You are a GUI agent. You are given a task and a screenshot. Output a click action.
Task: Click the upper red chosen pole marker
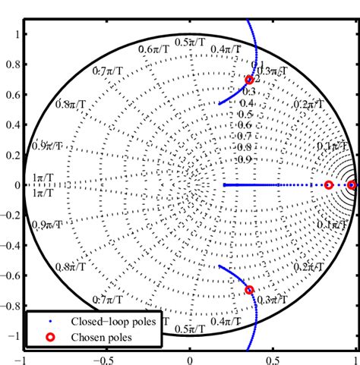pyautogui.click(x=249, y=80)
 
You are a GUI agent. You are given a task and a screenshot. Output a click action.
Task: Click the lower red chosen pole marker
pyautogui.click(x=249, y=290)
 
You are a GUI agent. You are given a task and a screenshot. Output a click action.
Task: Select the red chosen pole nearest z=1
pyautogui.click(x=352, y=185)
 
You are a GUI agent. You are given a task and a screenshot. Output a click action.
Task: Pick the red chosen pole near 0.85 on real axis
pyautogui.click(x=329, y=185)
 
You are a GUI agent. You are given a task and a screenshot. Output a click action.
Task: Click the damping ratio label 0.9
pyautogui.click(x=243, y=159)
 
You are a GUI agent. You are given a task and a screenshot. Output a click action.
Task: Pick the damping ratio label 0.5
pyautogui.click(x=245, y=114)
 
